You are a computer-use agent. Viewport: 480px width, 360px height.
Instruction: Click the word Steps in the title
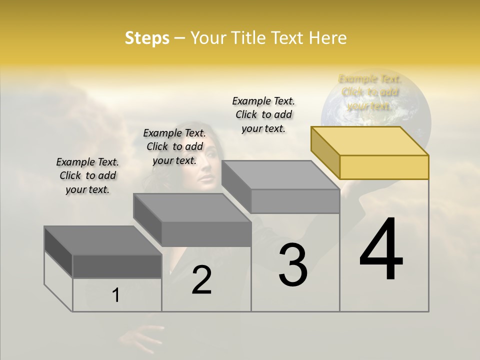tap(147, 38)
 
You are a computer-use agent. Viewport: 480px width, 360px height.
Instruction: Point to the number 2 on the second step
tap(201, 280)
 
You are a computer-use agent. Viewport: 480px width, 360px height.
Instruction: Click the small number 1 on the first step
tap(116, 295)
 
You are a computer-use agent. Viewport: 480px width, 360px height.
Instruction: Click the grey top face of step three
tap(280, 175)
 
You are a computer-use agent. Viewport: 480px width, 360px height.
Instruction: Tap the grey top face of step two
tap(192, 207)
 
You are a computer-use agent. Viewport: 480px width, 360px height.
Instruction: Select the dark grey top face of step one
tap(103, 240)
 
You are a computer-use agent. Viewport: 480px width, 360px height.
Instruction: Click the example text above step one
tap(87, 175)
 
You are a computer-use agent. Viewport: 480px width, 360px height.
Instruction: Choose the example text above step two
tap(174, 146)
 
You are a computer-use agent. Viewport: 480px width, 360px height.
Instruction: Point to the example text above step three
tap(263, 114)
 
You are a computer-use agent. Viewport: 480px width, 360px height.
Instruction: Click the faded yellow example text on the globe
tap(370, 92)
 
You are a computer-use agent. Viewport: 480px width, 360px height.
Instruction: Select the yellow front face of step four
tap(384, 167)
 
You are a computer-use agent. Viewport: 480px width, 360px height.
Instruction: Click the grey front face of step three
tap(295, 201)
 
